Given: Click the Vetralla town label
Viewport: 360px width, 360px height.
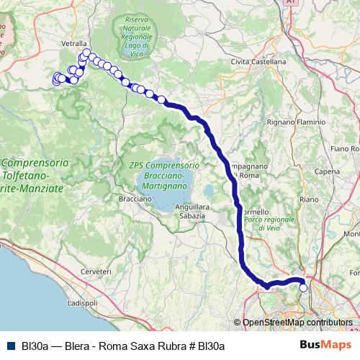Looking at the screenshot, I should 74,43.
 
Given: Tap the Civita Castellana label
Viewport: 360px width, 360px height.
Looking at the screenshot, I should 258,62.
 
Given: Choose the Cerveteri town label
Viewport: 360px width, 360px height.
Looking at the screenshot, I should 96,271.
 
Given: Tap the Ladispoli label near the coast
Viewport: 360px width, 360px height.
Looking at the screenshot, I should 81,303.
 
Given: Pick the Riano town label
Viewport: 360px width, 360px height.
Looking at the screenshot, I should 308,199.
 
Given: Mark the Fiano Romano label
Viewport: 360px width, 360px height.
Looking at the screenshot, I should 345,148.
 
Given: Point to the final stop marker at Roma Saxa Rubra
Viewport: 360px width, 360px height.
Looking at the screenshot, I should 303,288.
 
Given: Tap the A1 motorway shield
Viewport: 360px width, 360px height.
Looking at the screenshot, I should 291,3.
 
